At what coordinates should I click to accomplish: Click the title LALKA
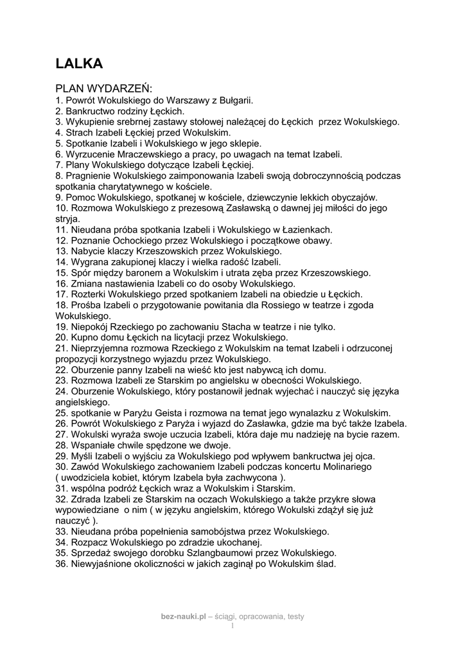pos(79,63)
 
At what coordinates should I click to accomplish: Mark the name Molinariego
pos(341,467)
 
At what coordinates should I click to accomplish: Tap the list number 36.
pos(62,564)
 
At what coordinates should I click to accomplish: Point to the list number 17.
pos(62,294)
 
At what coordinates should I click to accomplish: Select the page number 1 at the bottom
pos(232,625)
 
